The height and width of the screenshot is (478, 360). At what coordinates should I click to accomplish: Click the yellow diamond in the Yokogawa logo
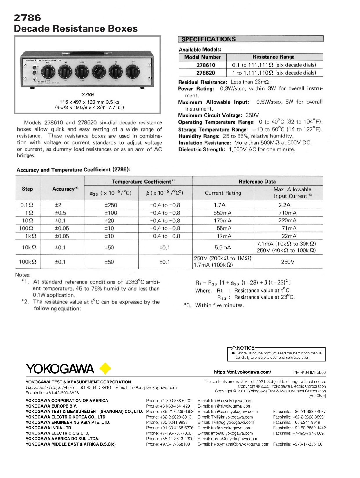[105, 369]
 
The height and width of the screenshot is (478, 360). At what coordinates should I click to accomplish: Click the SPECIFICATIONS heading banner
[251, 39]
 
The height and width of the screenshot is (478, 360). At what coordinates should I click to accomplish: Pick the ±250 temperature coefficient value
[111, 205]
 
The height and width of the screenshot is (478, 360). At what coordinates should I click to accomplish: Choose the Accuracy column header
[64, 189]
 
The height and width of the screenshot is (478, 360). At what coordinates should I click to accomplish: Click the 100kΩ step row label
[28, 262]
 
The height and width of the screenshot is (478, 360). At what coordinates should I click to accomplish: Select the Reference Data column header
[257, 182]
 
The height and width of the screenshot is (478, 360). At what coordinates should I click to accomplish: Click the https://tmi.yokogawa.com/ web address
[243, 372]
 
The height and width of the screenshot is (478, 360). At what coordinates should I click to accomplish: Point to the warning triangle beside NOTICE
[234, 348]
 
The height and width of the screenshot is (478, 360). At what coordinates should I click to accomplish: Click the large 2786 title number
[27, 18]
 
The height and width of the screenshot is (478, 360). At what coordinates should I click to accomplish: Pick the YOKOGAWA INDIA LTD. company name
[49, 428]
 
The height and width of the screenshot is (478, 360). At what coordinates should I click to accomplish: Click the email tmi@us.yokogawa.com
[225, 401]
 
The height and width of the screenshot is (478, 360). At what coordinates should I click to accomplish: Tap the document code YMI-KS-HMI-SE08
[310, 372]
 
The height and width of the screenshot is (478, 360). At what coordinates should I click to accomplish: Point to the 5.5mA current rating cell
[223, 247]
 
